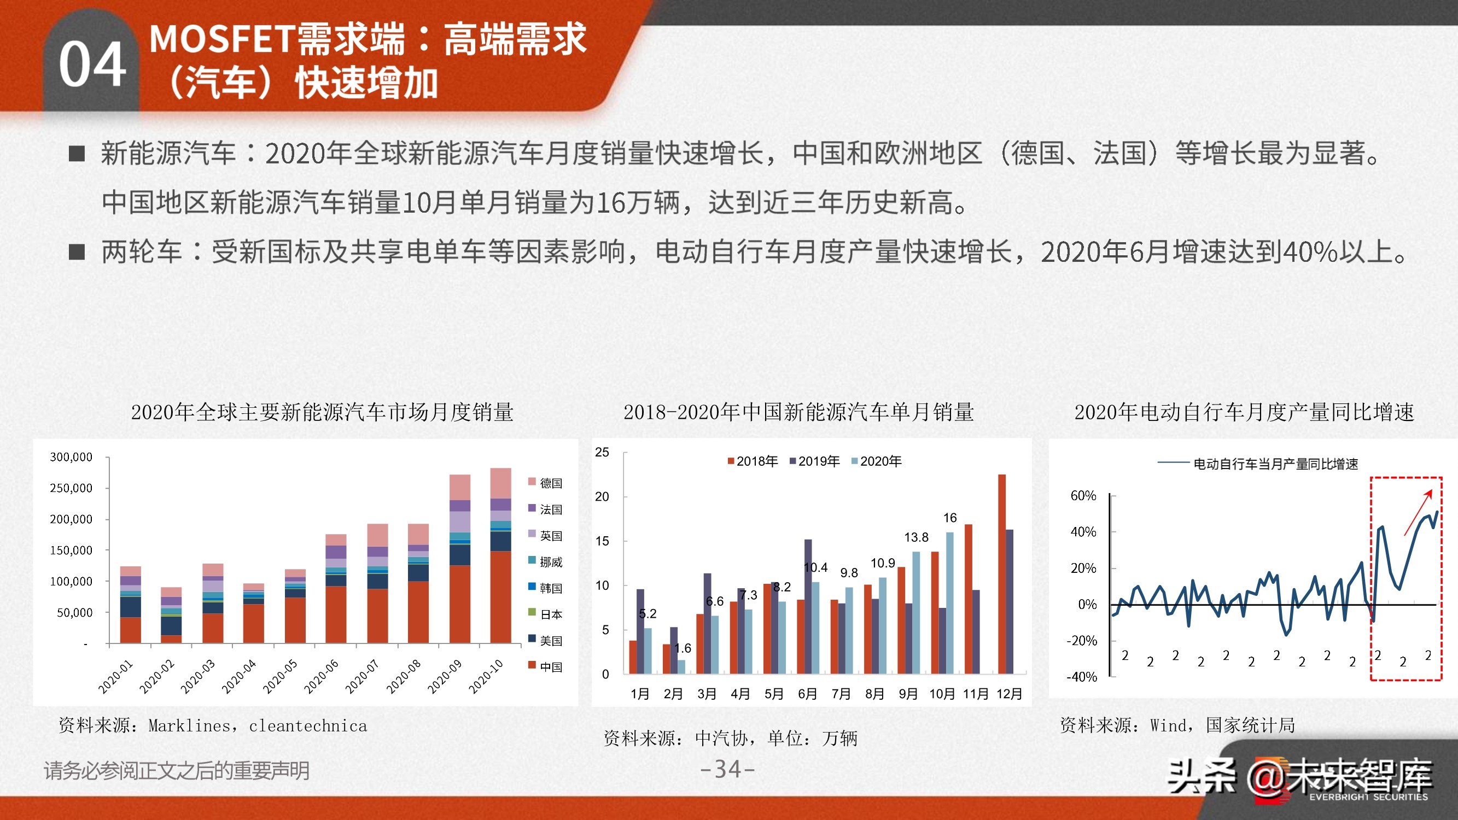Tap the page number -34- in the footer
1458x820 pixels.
pos(727,769)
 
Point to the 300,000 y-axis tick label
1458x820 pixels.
pos(71,456)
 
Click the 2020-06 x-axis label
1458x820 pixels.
pos(321,677)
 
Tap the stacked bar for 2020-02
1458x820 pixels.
pos(171,615)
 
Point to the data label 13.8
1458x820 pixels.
pos(916,537)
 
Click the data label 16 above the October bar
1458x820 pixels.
pos(950,518)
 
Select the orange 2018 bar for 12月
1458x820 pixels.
pos(1002,574)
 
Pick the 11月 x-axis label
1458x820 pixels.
pos(975,694)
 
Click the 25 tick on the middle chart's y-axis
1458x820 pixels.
pos(602,452)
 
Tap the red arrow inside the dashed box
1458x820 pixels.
pos(1418,513)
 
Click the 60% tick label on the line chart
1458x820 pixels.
pos(1083,496)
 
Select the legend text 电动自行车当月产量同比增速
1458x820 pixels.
pos(1275,464)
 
